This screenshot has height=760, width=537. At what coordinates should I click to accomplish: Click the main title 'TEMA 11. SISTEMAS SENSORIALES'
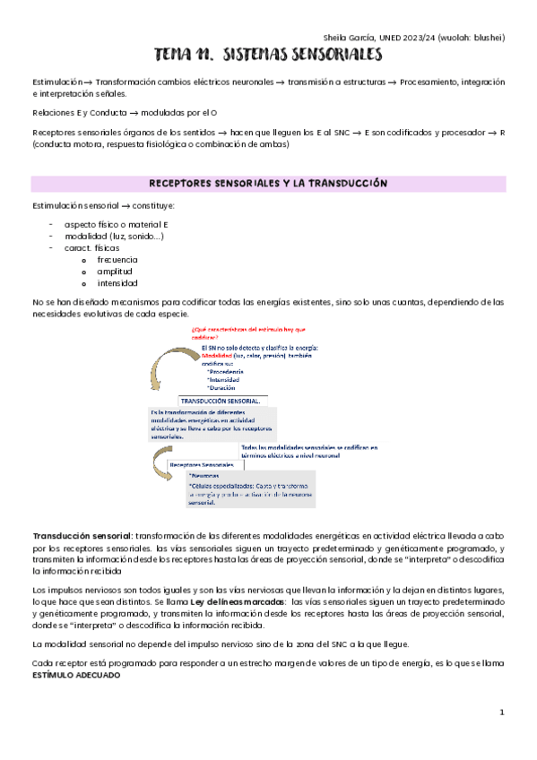click(x=268, y=56)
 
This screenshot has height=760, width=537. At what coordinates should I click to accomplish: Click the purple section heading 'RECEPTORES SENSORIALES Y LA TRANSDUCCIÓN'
click(x=268, y=183)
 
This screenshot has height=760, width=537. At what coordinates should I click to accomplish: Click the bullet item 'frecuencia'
click(x=117, y=259)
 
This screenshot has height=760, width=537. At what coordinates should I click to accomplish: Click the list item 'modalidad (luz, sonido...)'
click(x=114, y=236)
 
